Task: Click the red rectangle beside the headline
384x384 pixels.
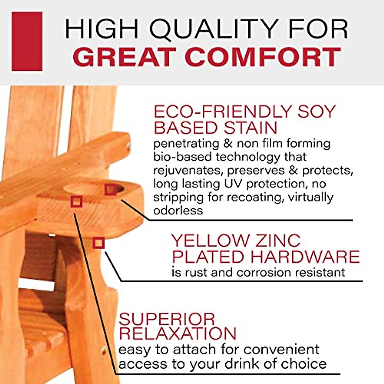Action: pos(27,41)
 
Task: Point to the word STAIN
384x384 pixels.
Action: pos(250,128)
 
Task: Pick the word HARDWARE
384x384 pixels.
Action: pos(305,257)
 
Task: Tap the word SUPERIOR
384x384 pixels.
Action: pos(167,319)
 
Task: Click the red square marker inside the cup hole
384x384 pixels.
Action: pos(111,190)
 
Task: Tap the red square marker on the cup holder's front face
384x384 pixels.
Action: pos(76,202)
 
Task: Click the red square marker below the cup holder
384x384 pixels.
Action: pos(99,243)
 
